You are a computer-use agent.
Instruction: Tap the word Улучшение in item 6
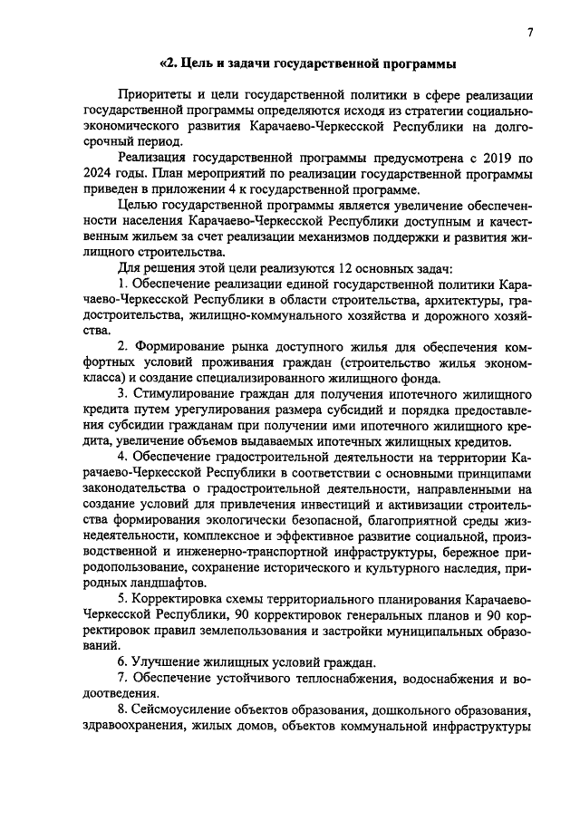tap(170, 661)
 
